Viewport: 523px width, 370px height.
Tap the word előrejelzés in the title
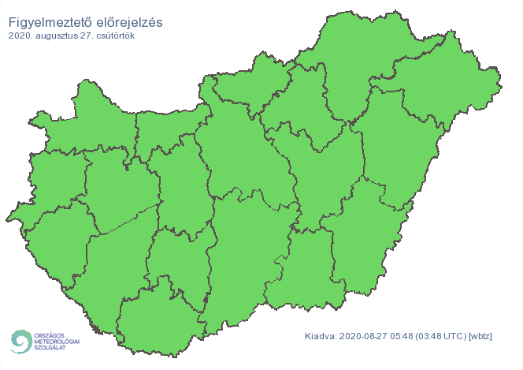pos(129,22)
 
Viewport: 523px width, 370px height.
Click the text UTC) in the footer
pos(457,337)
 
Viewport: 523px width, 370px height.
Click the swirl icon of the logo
pos(20,342)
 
